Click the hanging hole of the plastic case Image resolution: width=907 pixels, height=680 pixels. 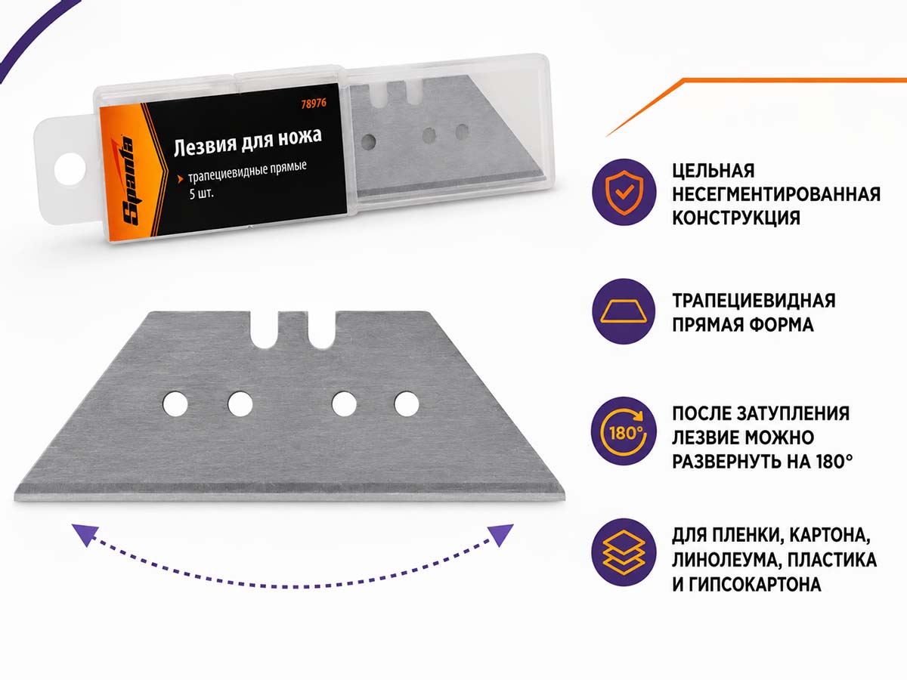(70, 168)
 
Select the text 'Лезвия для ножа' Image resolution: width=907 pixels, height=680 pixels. (247, 142)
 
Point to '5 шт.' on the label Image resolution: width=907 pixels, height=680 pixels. (201, 193)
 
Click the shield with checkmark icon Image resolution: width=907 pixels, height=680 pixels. (624, 193)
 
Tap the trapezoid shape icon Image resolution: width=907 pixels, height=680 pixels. (624, 312)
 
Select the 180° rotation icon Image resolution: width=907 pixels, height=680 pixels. (624, 432)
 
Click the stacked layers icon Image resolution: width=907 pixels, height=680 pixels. (624, 553)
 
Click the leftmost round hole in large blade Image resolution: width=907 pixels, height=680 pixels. (175, 403)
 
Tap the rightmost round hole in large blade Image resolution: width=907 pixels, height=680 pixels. (407, 403)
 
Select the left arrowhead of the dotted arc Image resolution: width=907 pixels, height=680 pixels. (85, 535)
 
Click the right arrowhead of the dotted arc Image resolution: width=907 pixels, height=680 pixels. (500, 535)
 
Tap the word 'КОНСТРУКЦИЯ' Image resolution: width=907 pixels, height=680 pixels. (736, 218)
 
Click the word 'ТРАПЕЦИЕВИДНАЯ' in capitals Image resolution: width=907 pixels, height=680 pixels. (754, 301)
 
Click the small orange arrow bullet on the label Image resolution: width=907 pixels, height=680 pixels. (180, 179)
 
